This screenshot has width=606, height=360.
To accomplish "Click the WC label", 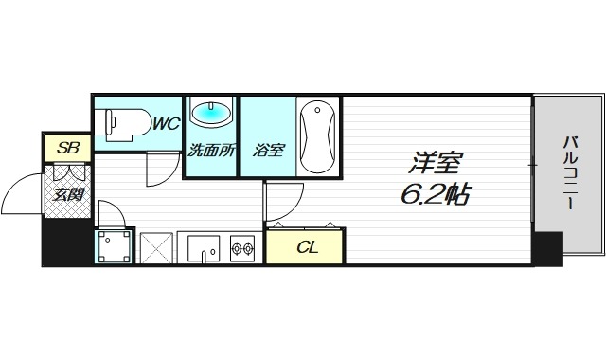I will point(166,123).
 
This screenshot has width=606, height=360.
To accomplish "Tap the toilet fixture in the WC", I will point(124,123).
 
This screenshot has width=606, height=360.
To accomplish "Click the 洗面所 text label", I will point(208,149).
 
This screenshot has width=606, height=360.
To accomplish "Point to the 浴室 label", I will point(269,149).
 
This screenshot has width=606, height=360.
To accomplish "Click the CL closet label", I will point(306,248).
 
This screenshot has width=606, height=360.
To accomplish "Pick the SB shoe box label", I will point(67,148).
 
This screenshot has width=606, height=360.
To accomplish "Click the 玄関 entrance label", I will point(67,196).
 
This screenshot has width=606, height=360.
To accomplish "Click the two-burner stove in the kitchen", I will point(243,250).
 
